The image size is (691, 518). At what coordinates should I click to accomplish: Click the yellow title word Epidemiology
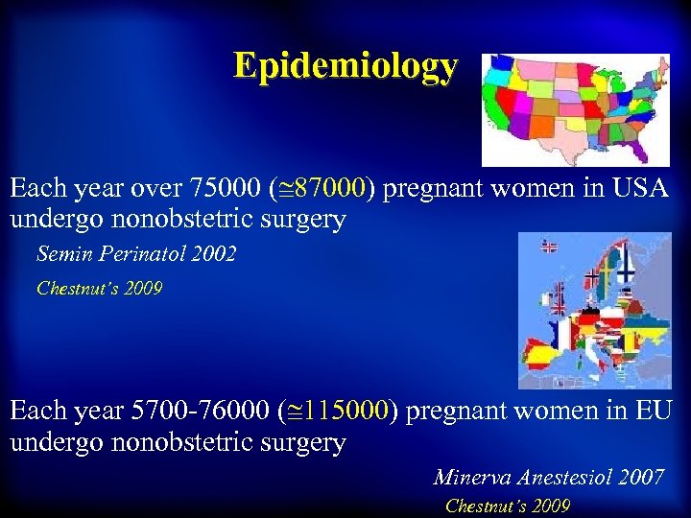tap(345, 66)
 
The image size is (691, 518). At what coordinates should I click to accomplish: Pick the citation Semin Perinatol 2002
tap(136, 254)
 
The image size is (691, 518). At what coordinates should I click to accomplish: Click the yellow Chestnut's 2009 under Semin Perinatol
tap(100, 287)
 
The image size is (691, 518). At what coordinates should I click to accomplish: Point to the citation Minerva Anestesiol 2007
tap(548, 477)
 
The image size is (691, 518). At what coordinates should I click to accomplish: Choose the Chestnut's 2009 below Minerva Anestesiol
tap(508, 506)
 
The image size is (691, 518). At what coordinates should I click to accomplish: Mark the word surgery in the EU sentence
tap(298, 443)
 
